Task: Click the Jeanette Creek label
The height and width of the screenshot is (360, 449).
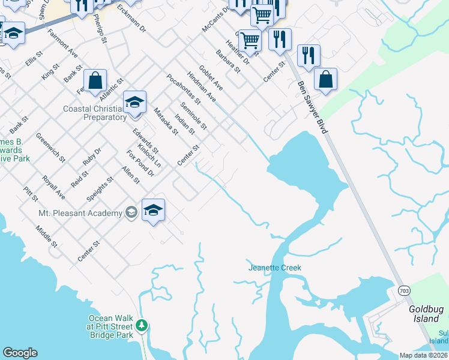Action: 274,268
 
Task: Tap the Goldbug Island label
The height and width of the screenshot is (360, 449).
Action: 426,314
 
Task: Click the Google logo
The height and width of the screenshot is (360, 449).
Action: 20,353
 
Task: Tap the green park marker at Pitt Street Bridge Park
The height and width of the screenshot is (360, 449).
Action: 142,326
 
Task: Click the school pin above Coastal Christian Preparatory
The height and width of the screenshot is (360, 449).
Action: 135,103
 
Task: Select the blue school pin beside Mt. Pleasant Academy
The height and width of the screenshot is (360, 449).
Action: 153,211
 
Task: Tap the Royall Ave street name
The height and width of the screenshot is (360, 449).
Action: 53,187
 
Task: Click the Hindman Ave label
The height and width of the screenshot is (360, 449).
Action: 200,85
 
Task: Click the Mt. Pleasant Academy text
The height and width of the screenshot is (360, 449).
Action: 80,213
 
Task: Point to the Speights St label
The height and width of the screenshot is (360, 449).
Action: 100,188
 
